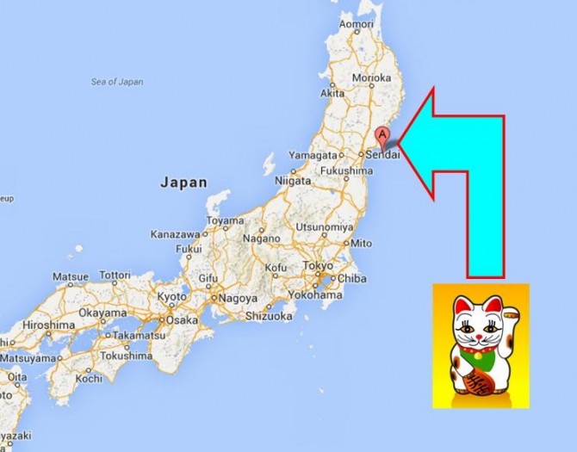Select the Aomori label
(356, 25)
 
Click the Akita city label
(332, 92)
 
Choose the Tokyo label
(318, 265)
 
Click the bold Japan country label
(183, 183)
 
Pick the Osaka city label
(182, 319)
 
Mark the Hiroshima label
(48, 325)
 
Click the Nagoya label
(239, 298)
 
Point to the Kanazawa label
(175, 234)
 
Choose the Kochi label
(88, 377)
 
